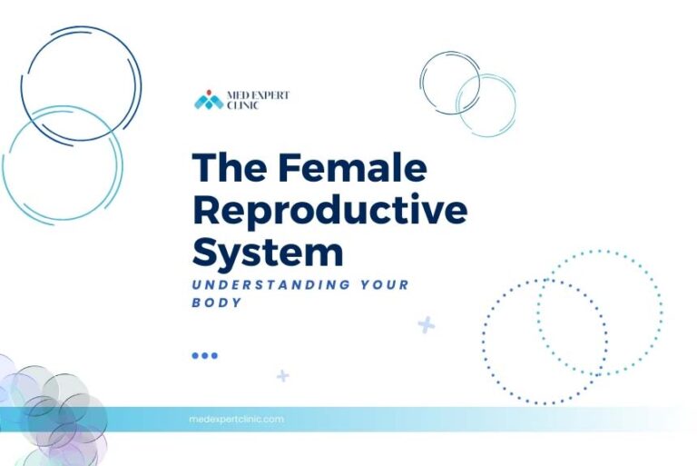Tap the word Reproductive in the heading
330,211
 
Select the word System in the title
269,252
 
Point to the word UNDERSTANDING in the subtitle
258,284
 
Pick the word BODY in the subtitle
217,302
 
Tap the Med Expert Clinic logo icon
209,100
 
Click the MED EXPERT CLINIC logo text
258,100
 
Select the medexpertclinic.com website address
237,419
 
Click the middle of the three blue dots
205,355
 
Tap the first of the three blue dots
195,355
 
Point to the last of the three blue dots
215,355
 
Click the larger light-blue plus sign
426,324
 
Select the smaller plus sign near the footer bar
283,375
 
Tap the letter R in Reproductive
208,211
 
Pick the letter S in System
208,252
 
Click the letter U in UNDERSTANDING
196,284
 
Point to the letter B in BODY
196,302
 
